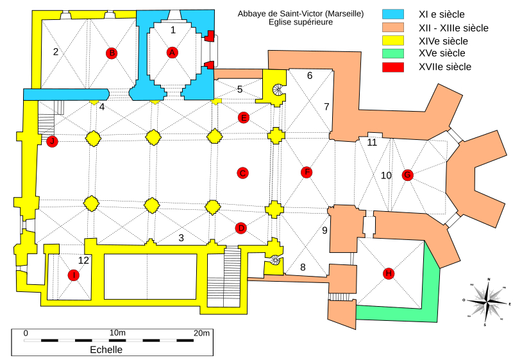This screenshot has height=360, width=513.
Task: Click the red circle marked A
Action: (x=171, y=53)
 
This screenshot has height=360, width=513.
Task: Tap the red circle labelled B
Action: (x=112, y=53)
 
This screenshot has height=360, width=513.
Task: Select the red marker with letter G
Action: (x=407, y=175)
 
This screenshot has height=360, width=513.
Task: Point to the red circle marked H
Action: (x=388, y=273)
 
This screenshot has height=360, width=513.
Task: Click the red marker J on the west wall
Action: (x=52, y=141)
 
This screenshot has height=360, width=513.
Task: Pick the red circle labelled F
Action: (x=307, y=172)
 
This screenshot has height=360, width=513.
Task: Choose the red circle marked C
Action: (x=242, y=173)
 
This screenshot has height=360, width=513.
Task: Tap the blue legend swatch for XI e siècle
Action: (x=393, y=14)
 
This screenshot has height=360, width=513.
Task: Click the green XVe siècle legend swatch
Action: (x=393, y=53)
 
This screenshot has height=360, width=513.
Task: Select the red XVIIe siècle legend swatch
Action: (x=393, y=67)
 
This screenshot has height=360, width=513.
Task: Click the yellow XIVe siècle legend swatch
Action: (x=393, y=40)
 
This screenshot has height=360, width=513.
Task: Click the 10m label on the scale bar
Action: (x=117, y=332)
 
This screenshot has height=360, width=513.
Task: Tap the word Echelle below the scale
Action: (x=106, y=350)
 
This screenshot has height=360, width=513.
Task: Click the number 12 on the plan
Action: (x=83, y=261)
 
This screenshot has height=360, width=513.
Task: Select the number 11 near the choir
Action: (x=372, y=143)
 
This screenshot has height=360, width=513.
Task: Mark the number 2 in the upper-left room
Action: (x=56, y=52)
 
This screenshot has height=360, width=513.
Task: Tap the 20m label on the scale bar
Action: (x=202, y=332)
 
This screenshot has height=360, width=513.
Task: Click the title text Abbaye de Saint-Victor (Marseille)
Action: (x=300, y=13)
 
